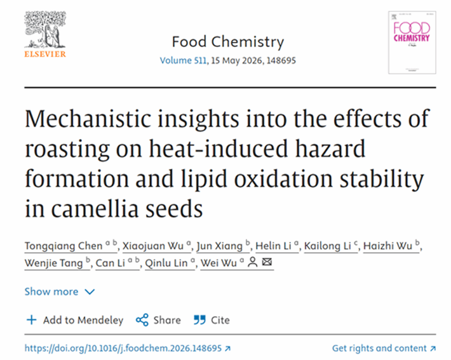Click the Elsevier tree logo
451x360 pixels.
click(45, 30)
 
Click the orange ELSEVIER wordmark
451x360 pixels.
click(45, 54)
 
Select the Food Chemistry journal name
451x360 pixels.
click(227, 42)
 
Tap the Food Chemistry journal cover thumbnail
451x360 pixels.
click(412, 39)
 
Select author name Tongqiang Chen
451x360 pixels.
click(62, 246)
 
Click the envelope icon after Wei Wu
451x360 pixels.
click(267, 262)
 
